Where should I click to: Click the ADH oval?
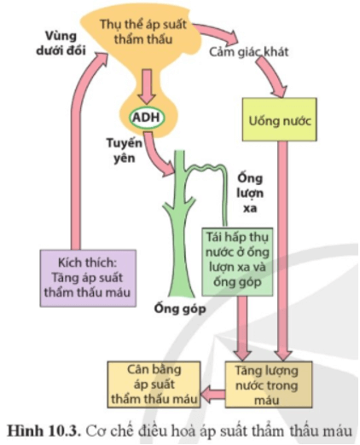pos(147,118)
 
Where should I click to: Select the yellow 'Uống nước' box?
pos(279,119)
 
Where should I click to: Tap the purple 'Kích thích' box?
pos(88,278)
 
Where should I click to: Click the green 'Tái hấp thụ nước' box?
pos(237,262)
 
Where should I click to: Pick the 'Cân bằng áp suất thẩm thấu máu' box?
pos(154,384)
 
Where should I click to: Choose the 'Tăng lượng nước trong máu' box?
pos(269,384)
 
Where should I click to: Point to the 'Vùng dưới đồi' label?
pos(61,43)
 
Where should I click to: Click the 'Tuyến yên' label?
pos(124,150)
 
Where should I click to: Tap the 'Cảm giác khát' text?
pos(248,52)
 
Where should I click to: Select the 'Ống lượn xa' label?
pos(250,194)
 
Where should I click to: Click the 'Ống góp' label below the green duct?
pos(180,309)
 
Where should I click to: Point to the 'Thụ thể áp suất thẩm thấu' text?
pos(143,32)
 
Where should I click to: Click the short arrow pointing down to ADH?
pos(147,86)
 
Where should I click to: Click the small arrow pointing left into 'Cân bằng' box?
pos(212,395)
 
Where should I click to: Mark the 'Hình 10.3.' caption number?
pos(43,431)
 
